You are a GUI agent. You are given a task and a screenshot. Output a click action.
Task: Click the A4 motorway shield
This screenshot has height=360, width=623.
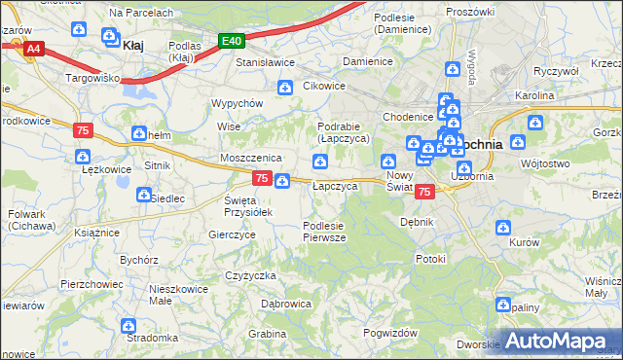(x=34, y=48)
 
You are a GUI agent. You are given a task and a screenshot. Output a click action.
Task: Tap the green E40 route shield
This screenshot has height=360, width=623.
(x=231, y=41)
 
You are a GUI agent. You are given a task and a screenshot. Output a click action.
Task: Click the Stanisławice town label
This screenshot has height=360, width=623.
(x=266, y=62)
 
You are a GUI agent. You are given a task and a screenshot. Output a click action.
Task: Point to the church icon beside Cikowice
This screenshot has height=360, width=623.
(x=285, y=89)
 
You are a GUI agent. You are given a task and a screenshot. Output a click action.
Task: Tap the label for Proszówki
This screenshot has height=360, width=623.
(x=470, y=11)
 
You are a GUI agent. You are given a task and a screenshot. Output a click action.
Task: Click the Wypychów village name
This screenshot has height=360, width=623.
(x=238, y=103)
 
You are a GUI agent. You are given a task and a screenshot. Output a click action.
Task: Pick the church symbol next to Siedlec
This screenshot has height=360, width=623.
(x=143, y=197)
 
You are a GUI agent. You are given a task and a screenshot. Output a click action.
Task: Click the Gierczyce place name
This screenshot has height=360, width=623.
(x=232, y=234)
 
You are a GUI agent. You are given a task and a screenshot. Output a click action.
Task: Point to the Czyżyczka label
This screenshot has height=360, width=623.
(x=250, y=275)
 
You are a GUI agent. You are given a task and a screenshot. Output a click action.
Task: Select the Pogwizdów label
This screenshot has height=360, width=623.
(x=389, y=333)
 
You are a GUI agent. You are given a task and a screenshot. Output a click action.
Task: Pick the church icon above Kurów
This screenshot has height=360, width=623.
(x=503, y=228)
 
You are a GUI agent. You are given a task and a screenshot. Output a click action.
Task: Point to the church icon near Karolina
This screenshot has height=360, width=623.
(x=534, y=123)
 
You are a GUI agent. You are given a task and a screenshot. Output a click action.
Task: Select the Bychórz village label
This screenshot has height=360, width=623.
(x=138, y=260)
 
